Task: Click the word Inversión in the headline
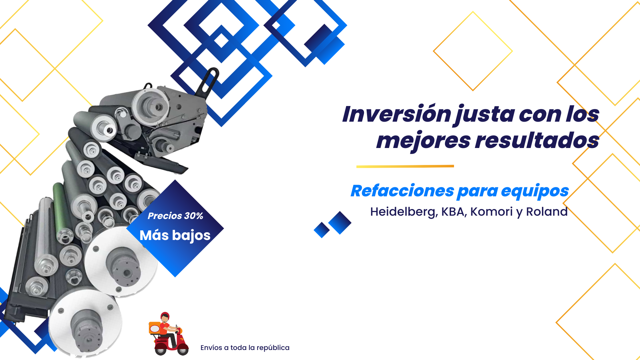397,114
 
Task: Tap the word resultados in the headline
537,140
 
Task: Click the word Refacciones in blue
402,191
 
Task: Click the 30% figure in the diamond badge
194,216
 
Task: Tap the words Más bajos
175,235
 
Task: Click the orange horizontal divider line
405,166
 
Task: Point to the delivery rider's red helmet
165,316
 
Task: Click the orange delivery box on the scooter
155,328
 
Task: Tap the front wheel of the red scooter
183,350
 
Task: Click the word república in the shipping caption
273,348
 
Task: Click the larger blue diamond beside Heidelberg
340,223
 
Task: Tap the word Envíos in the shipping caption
211,348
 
